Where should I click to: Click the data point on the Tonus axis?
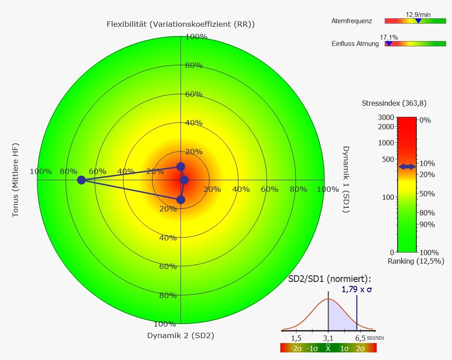(81, 180)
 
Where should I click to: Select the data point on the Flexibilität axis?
(181, 166)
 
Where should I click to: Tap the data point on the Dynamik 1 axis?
(185, 180)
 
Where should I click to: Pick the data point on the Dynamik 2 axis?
(181, 199)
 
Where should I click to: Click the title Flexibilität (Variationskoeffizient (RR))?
(181, 24)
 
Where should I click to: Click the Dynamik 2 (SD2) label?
(181, 336)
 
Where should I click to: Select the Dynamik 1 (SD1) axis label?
(346, 179)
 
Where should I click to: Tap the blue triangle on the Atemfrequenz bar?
(418, 21)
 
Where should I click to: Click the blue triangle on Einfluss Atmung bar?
(388, 43)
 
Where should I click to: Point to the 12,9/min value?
(418, 14)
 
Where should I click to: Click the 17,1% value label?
(389, 37)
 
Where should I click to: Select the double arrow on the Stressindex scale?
(407, 166)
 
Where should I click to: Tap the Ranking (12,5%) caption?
(415, 261)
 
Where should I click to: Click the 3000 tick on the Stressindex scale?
(386, 117)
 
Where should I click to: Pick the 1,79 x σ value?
(357, 289)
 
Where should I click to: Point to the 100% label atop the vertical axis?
(196, 37)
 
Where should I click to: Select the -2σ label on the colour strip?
(296, 348)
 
